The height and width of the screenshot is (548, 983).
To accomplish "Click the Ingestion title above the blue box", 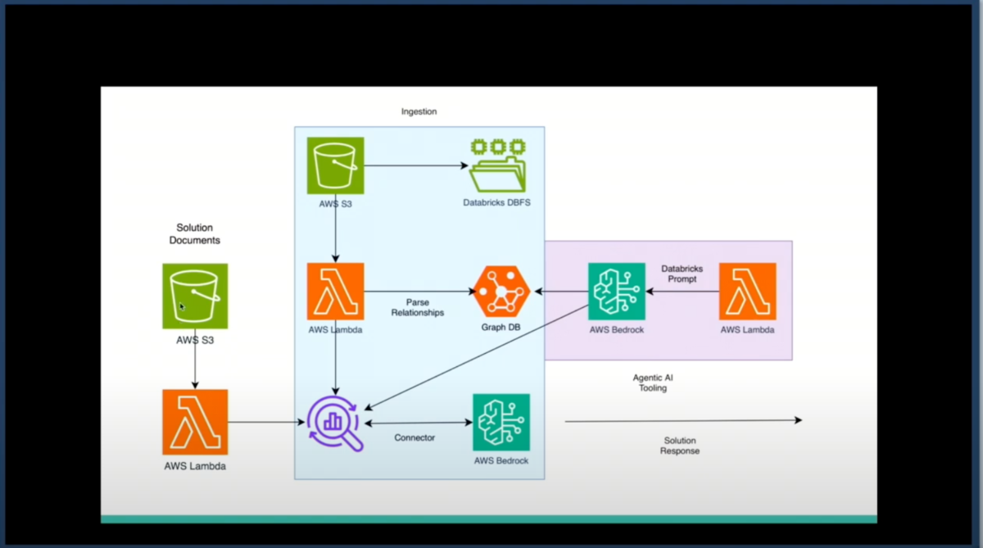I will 419,111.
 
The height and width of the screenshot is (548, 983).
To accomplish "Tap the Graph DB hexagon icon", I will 501,291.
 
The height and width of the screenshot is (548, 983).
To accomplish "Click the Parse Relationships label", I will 417,307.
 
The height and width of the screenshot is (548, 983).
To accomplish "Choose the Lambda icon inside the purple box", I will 747,291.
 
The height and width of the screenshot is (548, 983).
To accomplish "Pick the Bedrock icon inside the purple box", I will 617,291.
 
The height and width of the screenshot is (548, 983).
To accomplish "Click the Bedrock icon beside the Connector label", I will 501,422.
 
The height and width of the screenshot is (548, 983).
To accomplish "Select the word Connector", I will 414,437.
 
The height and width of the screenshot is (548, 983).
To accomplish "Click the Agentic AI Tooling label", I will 653,383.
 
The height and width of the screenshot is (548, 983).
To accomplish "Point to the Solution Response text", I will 680,446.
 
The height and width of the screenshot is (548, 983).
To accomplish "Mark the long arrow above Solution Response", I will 682,421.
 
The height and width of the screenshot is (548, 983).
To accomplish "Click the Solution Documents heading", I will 194,233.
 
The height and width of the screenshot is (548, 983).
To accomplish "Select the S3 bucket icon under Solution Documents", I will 195,296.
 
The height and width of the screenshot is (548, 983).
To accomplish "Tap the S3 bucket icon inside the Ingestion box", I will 335,165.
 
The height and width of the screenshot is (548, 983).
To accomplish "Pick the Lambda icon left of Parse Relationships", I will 335,291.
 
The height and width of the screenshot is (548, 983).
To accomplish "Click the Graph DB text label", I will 501,327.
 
